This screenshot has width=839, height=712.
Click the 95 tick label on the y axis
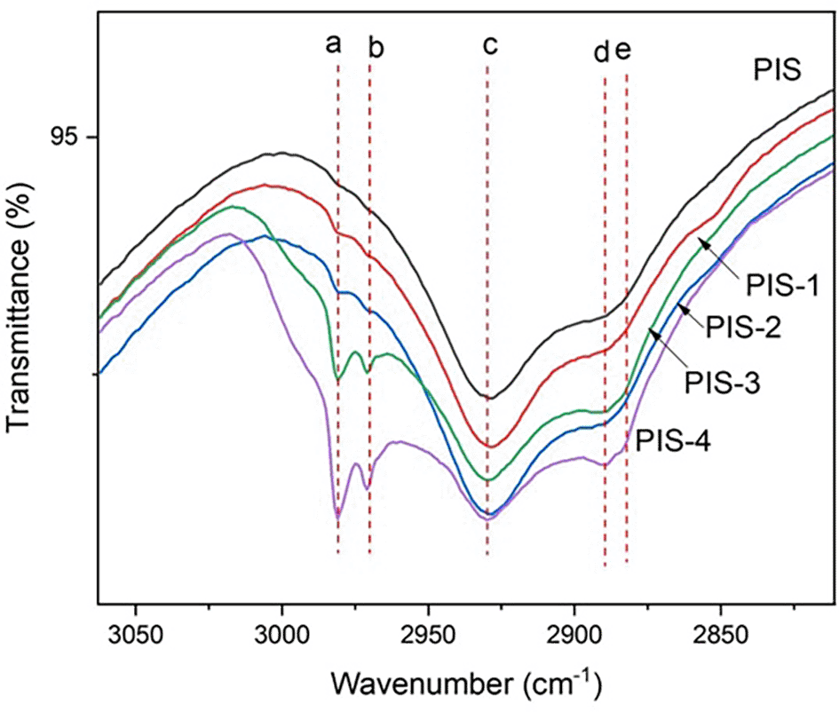pyautogui.click(x=67, y=138)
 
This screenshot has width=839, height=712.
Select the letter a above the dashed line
pyautogui.click(x=334, y=44)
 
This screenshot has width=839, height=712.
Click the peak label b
pyautogui.click(x=376, y=48)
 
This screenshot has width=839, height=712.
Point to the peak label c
pyautogui.click(x=488, y=44)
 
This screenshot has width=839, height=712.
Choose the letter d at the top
pyautogui.click(x=602, y=53)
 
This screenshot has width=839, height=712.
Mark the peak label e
pyautogui.click(x=623, y=51)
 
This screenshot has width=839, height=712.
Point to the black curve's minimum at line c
pyautogui.click(x=487, y=398)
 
